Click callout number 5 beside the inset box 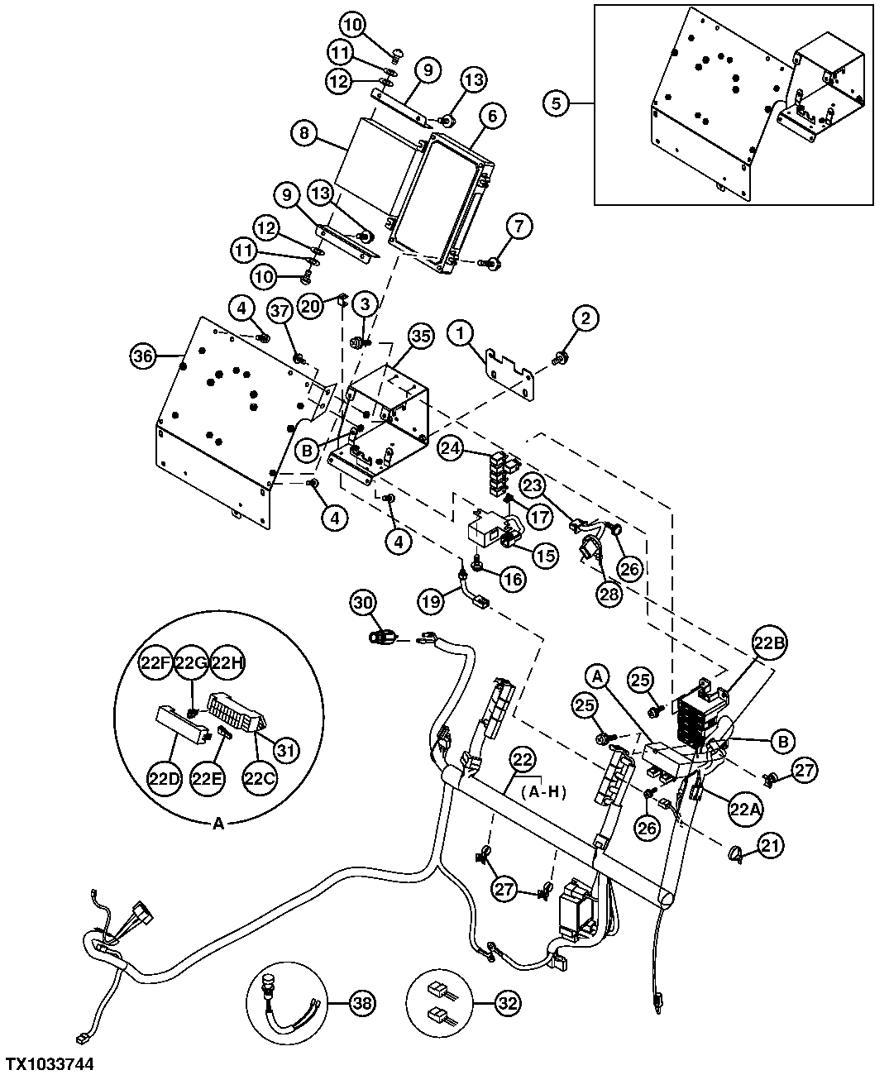[557, 103]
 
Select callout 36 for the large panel [144, 357]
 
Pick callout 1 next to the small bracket [461, 334]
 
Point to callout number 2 [586, 317]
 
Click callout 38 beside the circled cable [362, 1004]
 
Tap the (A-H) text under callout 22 [543, 791]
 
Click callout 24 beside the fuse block [451, 449]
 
